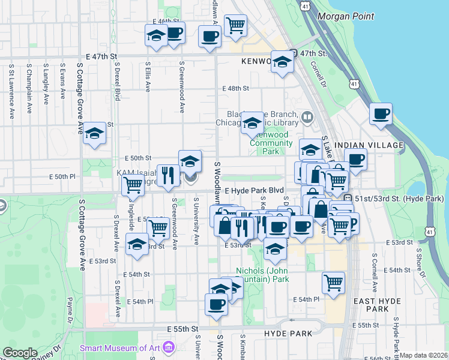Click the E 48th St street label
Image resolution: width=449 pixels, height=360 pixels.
[235, 88]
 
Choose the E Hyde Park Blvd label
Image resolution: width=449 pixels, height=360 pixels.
[254, 190]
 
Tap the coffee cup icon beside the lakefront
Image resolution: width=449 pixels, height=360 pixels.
[381, 114]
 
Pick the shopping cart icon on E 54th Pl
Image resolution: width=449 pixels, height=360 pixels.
[333, 281]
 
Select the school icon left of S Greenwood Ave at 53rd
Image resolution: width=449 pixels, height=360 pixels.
[137, 244]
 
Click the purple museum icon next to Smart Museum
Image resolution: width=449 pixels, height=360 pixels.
[168, 347]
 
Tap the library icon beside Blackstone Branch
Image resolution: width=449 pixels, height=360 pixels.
[307, 116]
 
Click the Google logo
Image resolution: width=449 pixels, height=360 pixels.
[20, 353]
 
